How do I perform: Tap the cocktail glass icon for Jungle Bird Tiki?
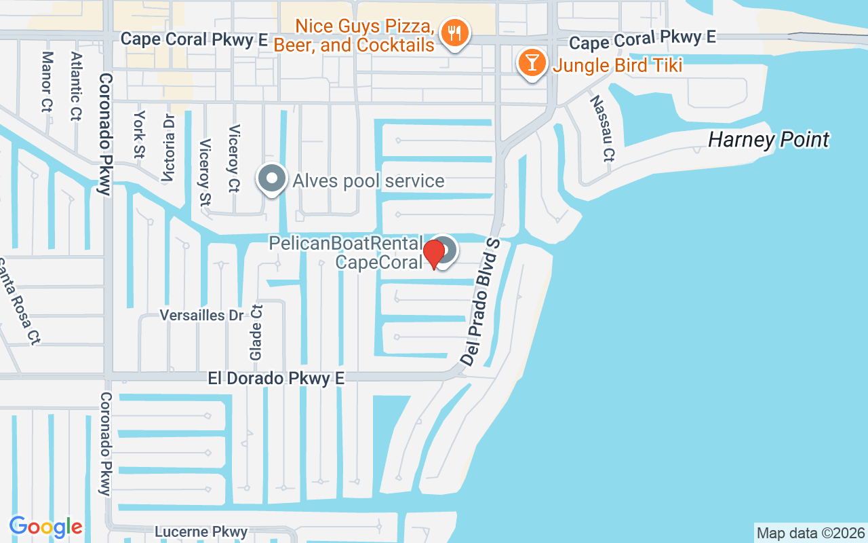coord(532,63)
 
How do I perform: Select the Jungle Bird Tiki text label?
coord(617,66)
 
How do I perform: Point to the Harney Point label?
coord(768,140)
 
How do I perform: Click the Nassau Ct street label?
coord(601,128)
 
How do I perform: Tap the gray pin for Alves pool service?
coord(272,179)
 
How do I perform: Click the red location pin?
coord(433,254)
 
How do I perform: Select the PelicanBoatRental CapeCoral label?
coord(346,252)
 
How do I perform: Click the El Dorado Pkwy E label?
coord(276,379)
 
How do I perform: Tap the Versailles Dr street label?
coord(201,315)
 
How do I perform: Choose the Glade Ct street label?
coord(256,332)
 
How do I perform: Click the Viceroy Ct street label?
coord(235,158)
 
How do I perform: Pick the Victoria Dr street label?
coord(168,148)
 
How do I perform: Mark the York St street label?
coord(140,134)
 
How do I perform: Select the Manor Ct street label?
coord(46,81)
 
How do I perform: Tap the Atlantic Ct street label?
coord(75,86)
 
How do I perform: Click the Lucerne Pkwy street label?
coord(201,532)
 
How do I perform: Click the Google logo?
coord(45,527)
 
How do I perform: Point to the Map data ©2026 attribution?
coord(810,533)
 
